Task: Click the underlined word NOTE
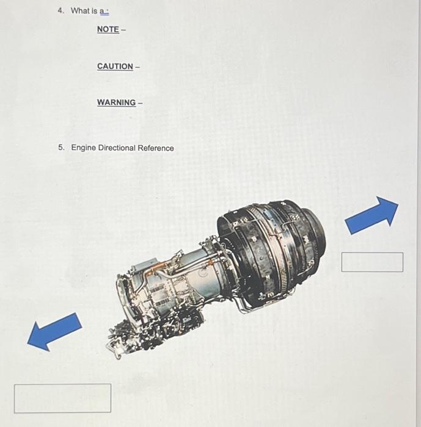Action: pos(108,29)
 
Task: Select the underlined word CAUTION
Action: pos(115,66)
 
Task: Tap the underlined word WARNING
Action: pos(116,102)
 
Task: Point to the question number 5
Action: pos(61,148)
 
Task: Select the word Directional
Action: pos(116,148)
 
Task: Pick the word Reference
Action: pos(156,148)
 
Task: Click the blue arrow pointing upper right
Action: pos(372,215)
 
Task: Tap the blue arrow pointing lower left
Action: pos(54,331)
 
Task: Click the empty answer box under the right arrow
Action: pos(372,262)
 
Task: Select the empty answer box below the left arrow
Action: pos(63,398)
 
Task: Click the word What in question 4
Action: pos(80,10)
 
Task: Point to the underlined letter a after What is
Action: pos(102,10)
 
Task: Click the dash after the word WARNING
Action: pos(141,102)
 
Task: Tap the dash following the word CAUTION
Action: pos(137,66)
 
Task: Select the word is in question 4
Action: pos(94,10)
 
